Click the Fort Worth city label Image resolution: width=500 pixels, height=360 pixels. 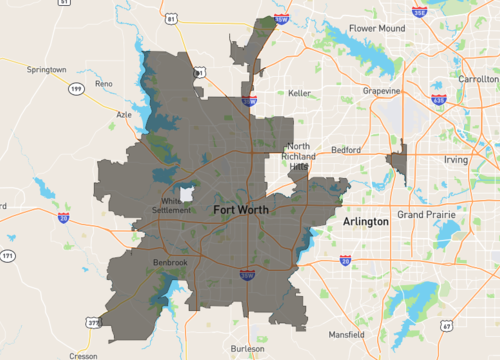246,210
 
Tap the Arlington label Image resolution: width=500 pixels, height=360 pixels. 365,220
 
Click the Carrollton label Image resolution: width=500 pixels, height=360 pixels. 478,77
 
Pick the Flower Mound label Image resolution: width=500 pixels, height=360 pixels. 376,29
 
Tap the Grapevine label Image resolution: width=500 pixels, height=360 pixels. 381,91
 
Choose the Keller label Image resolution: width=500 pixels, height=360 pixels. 300,93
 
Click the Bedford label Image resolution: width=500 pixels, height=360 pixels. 346,150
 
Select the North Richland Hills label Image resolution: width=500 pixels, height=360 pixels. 299,157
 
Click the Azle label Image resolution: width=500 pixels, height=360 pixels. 124,115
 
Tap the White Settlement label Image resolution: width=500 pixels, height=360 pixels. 178,205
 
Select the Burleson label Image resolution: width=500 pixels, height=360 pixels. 247,348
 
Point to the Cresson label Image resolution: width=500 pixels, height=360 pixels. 82,354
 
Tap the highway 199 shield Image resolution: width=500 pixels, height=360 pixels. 75,90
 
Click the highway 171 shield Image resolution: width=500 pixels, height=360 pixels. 8,257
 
